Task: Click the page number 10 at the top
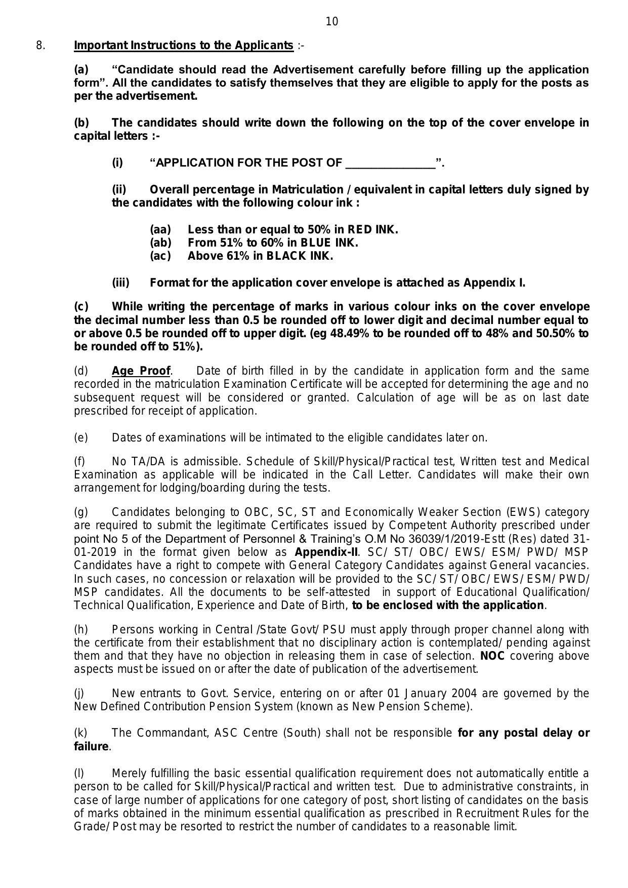point(332,21)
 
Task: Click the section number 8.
point(40,46)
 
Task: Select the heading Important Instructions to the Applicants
point(184,46)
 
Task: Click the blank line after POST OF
point(390,164)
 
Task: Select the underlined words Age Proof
point(141,371)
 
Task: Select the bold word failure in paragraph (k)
point(91,747)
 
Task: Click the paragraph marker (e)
point(81,437)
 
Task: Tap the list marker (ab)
point(160,243)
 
